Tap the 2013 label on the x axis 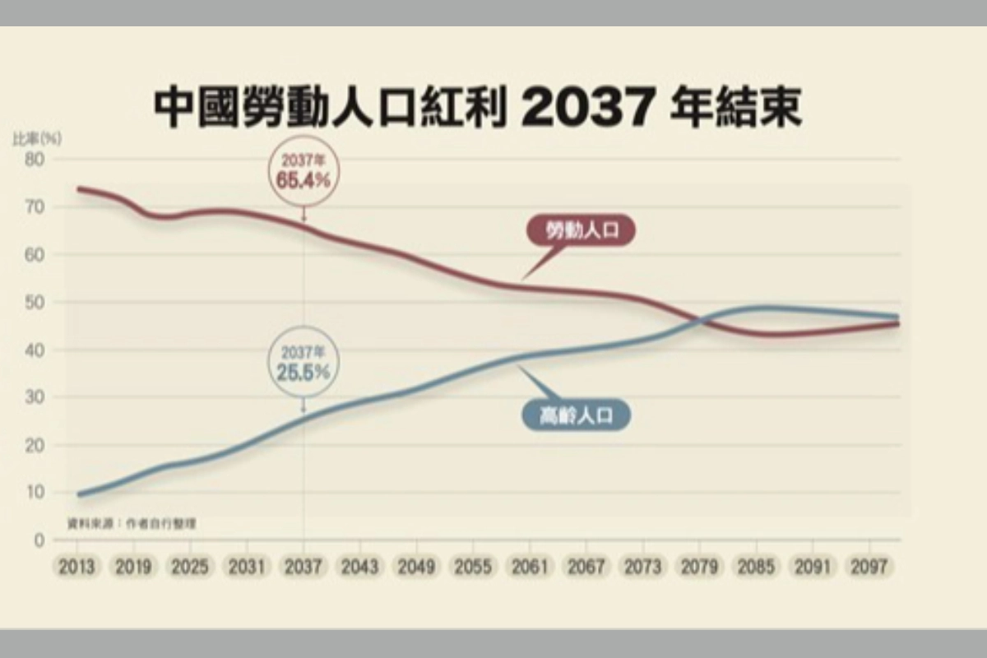(76, 568)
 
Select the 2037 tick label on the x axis (304, 568)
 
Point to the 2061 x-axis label (531, 568)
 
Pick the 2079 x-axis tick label (701, 568)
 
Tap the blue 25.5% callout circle (303, 366)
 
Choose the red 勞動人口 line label (581, 233)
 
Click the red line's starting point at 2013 (78, 189)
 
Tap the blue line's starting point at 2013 (78, 494)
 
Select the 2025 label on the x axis (190, 568)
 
